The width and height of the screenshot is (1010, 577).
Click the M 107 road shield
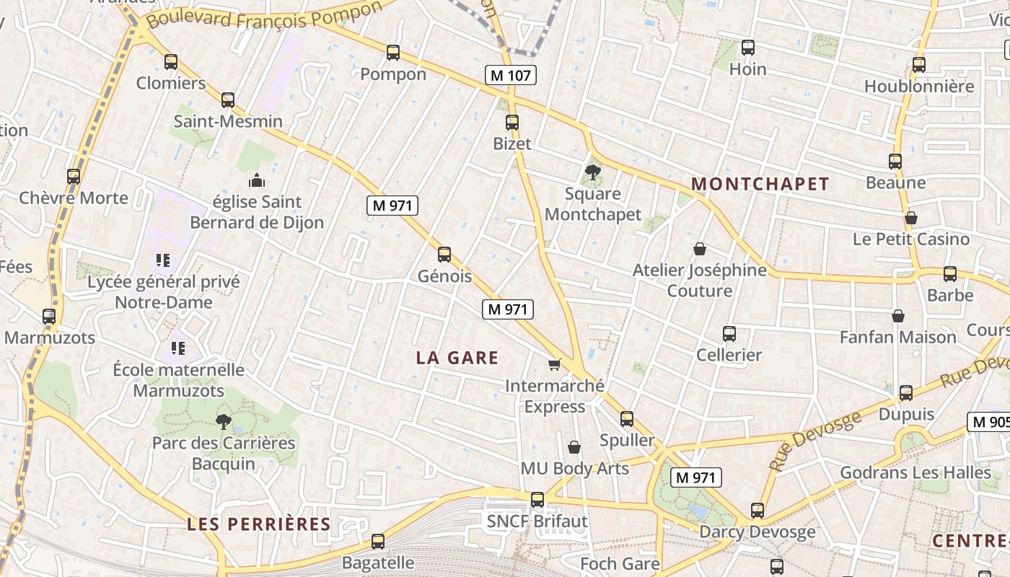click(511, 74)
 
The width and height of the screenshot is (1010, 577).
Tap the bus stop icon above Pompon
click(393, 53)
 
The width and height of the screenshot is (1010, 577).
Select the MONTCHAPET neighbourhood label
click(760, 184)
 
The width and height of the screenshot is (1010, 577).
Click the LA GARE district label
click(457, 358)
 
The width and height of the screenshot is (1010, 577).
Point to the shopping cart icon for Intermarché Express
click(554, 364)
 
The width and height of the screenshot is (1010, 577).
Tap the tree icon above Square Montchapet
click(592, 172)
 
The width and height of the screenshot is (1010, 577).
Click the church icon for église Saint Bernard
click(257, 180)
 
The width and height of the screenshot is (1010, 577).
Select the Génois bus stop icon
click(444, 255)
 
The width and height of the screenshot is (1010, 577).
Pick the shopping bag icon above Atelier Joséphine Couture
click(699, 249)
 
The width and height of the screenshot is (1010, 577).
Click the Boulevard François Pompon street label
click(264, 15)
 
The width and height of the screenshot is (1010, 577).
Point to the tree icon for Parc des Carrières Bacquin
click(224, 421)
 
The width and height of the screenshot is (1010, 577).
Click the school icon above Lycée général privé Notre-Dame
click(163, 260)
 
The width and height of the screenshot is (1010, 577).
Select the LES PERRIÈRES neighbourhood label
click(258, 524)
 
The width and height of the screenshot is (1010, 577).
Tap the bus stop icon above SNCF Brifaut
click(537, 500)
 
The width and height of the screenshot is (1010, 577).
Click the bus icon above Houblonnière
click(919, 65)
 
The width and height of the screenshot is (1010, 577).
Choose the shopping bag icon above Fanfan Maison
click(898, 316)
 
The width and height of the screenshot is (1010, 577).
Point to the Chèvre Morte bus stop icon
click(74, 177)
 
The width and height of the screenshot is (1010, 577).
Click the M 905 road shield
click(989, 422)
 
